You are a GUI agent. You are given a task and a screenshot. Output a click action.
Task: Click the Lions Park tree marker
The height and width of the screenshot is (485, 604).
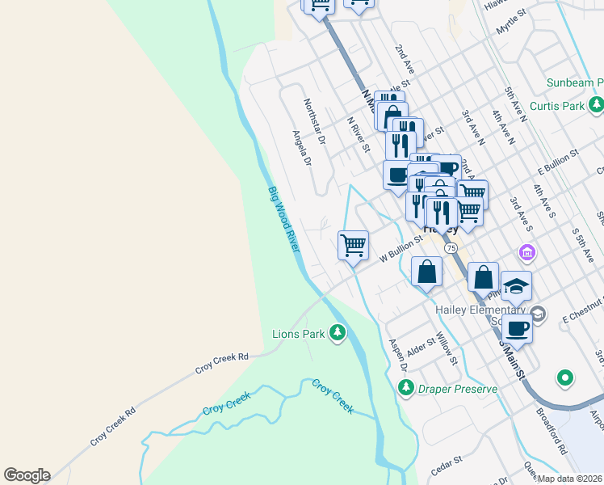click(338, 333)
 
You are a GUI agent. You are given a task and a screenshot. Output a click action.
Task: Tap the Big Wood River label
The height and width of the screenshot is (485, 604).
click(283, 218)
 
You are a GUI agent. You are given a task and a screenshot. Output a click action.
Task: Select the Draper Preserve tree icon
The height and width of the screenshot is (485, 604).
click(407, 389)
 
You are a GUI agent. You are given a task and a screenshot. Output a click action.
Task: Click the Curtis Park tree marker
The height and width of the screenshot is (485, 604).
click(596, 105)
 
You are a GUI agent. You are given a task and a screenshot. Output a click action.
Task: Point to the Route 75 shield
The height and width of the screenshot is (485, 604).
click(451, 247)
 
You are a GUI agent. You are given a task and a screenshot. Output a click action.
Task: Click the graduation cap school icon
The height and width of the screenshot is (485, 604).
click(516, 286)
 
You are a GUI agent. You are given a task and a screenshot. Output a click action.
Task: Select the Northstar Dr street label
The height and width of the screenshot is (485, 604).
click(313, 121)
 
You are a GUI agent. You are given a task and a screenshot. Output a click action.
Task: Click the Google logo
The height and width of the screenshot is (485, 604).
click(27, 475)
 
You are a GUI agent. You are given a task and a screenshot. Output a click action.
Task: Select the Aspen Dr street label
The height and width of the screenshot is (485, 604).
click(396, 355)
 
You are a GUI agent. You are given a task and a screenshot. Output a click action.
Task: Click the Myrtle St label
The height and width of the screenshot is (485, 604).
click(510, 22)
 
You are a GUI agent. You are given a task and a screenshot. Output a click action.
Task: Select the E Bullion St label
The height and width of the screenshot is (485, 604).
click(559, 159)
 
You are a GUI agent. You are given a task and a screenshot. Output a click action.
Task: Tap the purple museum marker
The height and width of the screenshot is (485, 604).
click(527, 252)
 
